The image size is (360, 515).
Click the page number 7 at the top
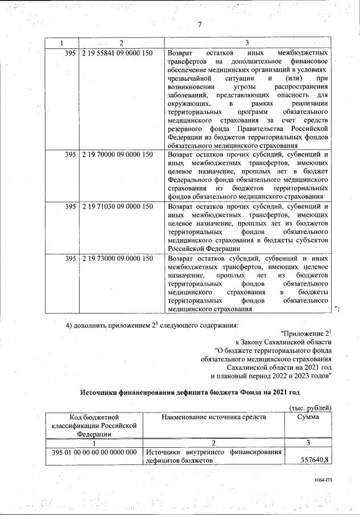tap(200, 24)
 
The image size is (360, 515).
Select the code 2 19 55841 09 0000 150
tap(117, 53)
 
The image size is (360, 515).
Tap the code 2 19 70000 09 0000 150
tap(117, 154)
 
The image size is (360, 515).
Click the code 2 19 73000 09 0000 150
tap(117, 258)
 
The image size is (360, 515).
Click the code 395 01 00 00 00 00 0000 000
tap(95, 452)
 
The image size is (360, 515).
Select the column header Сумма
tap(308, 417)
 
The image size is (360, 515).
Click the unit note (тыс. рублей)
tap(310, 408)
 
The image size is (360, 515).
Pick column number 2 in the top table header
tap(121, 43)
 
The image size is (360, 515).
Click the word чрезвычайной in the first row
tap(190, 77)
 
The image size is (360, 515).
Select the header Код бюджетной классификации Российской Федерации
tap(95, 426)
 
